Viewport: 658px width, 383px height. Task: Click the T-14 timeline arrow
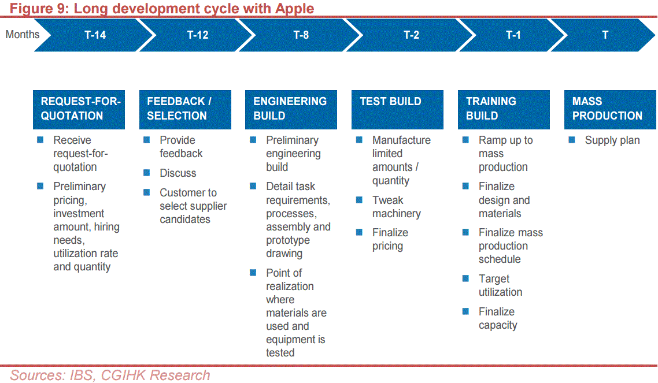coord(94,35)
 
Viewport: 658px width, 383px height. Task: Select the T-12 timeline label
coord(197,35)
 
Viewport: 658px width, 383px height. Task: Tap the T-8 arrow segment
coord(301,35)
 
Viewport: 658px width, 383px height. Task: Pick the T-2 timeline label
coord(411,35)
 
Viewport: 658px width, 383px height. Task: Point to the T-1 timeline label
coord(513,35)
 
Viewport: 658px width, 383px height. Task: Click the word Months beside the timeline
coord(22,34)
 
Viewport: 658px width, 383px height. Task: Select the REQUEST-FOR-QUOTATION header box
coord(79,109)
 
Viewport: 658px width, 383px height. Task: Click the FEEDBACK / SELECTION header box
coord(185,109)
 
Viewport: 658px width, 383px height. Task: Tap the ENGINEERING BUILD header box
coord(291,109)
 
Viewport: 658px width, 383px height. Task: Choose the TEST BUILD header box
coord(397,109)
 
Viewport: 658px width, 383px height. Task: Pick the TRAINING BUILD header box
coord(504,109)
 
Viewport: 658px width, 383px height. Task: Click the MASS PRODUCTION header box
coord(610,109)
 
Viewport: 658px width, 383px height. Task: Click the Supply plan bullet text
coord(612,140)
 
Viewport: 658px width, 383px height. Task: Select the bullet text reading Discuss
coord(178,173)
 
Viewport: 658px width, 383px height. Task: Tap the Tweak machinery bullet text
coord(397,207)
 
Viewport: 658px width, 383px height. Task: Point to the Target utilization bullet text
coord(500,285)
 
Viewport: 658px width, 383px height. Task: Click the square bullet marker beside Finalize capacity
coord(465,311)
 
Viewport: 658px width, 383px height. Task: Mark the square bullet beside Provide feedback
coord(146,140)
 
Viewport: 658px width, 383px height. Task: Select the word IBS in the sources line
coord(82,375)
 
